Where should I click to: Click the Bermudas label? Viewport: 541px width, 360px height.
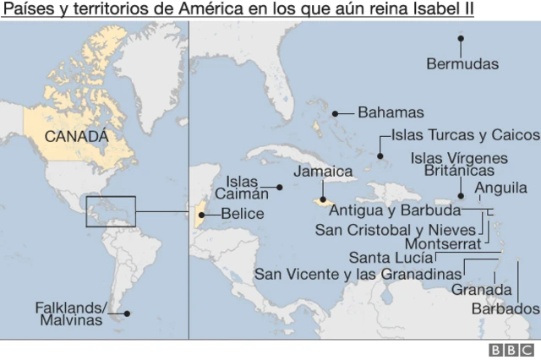coord(462,63)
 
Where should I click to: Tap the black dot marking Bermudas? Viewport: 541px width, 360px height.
coord(461,38)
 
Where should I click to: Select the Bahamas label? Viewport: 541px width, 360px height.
coord(390,112)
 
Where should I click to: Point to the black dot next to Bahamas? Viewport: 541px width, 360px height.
coord(336,112)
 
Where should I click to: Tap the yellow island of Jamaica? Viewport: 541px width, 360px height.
coord(322,202)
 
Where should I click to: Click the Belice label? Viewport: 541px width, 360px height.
coord(242,214)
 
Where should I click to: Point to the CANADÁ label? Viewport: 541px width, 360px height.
coord(77,135)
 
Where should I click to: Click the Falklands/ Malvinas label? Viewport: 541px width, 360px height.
coord(70,314)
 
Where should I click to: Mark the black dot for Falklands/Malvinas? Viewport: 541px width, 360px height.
coord(127,314)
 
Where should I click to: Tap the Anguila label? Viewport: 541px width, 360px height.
coord(501,188)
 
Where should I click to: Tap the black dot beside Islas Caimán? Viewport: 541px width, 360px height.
coord(280,187)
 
